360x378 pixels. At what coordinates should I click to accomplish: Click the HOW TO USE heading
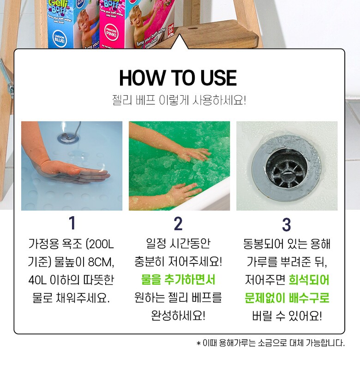tap(178, 78)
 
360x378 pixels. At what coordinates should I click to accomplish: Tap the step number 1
tap(72, 223)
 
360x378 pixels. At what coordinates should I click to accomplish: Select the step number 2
tap(178, 224)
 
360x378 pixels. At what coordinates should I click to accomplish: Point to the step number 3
tap(286, 225)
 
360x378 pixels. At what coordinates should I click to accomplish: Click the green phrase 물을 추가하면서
tap(178, 280)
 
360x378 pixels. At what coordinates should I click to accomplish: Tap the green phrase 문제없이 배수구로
tap(287, 298)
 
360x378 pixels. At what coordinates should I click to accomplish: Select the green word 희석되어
tap(309, 280)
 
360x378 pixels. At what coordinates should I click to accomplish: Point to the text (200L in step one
tap(100, 244)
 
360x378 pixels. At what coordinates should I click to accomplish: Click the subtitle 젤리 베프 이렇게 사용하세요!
tap(179, 100)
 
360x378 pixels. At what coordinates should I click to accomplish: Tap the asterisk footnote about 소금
tap(270, 343)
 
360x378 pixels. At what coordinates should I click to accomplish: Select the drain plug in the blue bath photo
tap(68, 138)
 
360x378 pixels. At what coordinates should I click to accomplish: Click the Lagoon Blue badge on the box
tap(59, 38)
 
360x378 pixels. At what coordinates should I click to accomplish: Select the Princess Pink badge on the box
tap(111, 33)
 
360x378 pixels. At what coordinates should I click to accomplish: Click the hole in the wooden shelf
tap(192, 29)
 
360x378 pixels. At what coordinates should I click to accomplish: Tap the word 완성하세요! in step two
tap(178, 316)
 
